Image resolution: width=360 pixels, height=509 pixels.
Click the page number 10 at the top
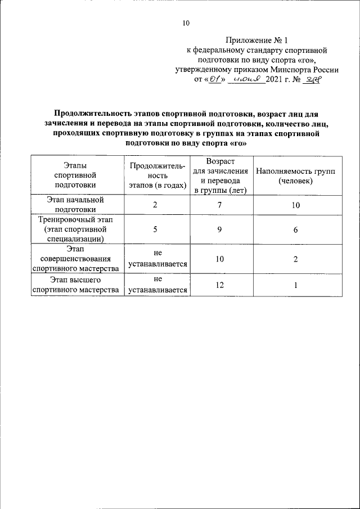point(186,23)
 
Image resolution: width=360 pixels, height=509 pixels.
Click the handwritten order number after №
point(310,80)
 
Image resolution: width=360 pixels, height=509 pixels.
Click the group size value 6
point(295,230)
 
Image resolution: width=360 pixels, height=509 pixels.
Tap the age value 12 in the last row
point(220,285)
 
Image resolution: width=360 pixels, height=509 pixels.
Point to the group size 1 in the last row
point(295,285)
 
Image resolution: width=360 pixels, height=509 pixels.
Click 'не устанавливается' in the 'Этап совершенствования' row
point(157,259)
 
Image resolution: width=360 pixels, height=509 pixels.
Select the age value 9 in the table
point(220,230)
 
